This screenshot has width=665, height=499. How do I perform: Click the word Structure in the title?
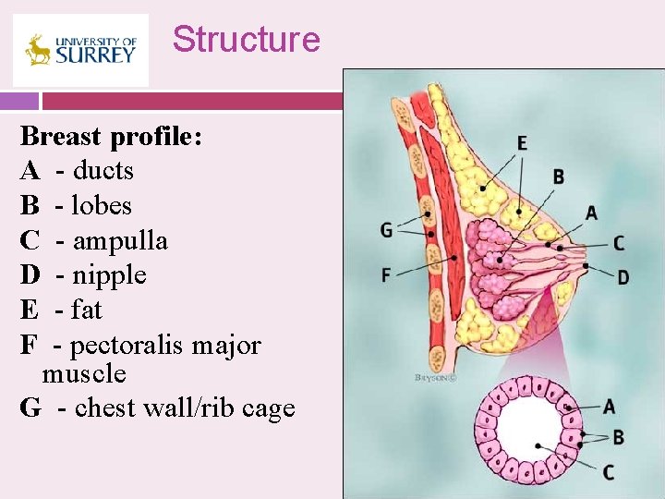click(x=246, y=40)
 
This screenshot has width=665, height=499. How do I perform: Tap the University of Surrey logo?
click(x=80, y=50)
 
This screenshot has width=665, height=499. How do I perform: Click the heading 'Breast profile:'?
click(x=112, y=137)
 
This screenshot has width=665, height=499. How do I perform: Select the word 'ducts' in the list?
click(x=103, y=171)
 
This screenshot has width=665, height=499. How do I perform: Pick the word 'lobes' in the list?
click(x=102, y=206)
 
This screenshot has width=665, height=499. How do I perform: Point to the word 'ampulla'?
click(x=120, y=241)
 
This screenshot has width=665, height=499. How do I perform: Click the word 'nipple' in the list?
click(x=110, y=275)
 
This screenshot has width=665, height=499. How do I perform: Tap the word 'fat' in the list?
click(x=87, y=310)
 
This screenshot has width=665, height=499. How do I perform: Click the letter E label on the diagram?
click(x=523, y=142)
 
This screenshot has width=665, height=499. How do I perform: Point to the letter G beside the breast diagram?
click(x=386, y=229)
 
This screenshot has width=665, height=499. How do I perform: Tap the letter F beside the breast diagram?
click(x=386, y=274)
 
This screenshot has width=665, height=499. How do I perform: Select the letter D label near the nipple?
click(x=623, y=277)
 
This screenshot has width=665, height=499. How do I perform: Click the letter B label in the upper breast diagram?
click(x=559, y=176)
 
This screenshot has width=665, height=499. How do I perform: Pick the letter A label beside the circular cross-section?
click(x=609, y=406)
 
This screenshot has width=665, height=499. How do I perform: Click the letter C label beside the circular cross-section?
click(x=609, y=472)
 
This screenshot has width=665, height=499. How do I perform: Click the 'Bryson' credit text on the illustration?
click(x=433, y=377)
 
